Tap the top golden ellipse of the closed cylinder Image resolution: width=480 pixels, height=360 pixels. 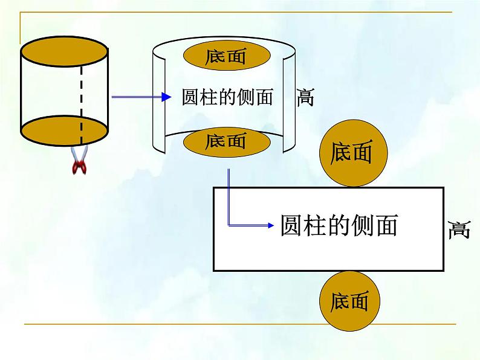click(64, 51)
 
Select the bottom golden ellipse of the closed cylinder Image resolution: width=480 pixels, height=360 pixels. click(64, 130)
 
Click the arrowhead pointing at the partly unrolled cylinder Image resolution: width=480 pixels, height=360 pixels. click(166, 97)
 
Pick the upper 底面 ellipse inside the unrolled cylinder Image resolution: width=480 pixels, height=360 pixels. click(227, 56)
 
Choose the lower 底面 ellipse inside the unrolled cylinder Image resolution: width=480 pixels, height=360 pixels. click(227, 142)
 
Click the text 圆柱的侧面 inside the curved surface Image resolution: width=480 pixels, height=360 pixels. click(227, 97)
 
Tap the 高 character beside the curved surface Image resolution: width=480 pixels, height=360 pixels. click(305, 97)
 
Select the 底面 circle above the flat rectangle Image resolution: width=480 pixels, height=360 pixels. click(354, 153)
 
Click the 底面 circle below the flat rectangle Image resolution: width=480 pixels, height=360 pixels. click(349, 301)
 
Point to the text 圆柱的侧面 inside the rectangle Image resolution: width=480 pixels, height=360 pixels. click(339, 225)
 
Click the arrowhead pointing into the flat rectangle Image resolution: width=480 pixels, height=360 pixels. click(271, 225)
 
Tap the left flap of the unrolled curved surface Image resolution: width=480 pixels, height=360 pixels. click(159, 101)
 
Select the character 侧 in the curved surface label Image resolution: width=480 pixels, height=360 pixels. click(246, 97)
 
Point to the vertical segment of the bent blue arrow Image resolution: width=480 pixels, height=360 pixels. click(229, 197)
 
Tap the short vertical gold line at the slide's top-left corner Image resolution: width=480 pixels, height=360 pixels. click(21, 28)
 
